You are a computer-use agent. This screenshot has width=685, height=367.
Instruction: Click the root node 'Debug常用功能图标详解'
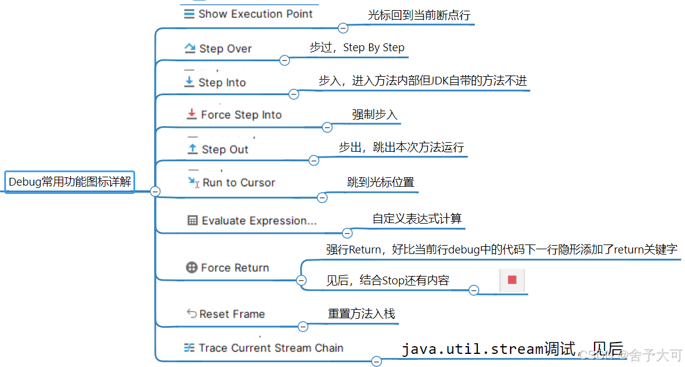70,182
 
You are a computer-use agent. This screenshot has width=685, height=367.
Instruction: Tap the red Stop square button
512,280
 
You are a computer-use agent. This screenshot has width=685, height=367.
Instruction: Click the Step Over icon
190,48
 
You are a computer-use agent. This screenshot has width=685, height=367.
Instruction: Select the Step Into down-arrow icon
189,82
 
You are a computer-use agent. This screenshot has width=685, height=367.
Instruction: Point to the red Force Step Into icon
191,114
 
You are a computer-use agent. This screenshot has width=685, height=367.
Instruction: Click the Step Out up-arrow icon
192,149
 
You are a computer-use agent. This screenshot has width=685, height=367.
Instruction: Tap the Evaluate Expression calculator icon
192,220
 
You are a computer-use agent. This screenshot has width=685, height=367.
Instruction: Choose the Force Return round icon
192,268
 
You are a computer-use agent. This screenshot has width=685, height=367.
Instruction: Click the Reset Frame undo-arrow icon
192,313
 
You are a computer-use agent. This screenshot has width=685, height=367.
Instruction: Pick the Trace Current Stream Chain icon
189,347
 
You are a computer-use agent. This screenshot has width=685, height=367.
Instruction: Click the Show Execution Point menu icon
189,14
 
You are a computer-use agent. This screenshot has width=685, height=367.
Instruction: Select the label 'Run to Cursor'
239,183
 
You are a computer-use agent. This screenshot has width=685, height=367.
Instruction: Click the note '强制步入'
374,114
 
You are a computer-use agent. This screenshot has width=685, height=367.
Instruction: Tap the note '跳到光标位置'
380,182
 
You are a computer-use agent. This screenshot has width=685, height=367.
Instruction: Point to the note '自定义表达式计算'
417,218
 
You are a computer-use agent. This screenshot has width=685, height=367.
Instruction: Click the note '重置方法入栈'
361,313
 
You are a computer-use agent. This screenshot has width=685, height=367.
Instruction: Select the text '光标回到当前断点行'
418,15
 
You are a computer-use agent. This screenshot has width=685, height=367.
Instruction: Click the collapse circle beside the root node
155,191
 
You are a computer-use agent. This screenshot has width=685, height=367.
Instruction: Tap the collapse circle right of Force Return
301,280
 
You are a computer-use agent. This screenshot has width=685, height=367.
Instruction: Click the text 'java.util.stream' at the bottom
472,349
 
